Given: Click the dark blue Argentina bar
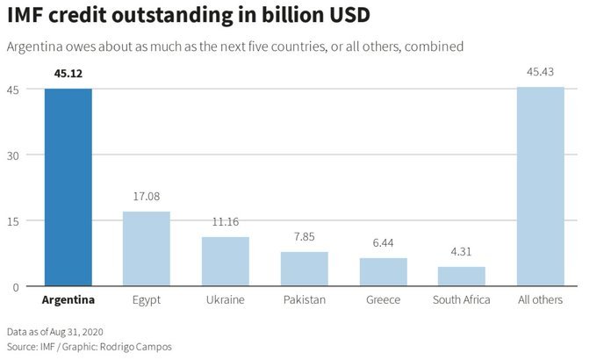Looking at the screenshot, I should coord(68,187).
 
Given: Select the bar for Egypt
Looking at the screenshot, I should coord(147,248).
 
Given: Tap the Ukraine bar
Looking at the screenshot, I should coord(226,262).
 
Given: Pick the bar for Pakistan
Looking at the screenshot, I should coord(305,269).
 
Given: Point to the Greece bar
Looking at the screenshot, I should coord(383,272).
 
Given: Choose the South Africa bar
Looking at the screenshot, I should coord(462,277).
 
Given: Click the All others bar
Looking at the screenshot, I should coord(541,186).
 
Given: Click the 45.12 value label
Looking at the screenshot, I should coord(68,74).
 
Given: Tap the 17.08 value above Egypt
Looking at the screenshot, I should coord(147,197).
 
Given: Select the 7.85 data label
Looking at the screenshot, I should coord(305,237).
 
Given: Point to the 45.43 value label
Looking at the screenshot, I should coord(541,72).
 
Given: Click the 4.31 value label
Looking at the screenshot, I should coord(462,252).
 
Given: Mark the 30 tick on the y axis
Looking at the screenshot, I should coord(13,155).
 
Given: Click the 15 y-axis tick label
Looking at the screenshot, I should coord(13,220).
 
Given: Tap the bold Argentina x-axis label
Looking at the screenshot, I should coord(68,300).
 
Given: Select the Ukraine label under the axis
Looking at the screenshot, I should coord(226,300).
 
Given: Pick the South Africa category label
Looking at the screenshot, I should coord(462,300).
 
